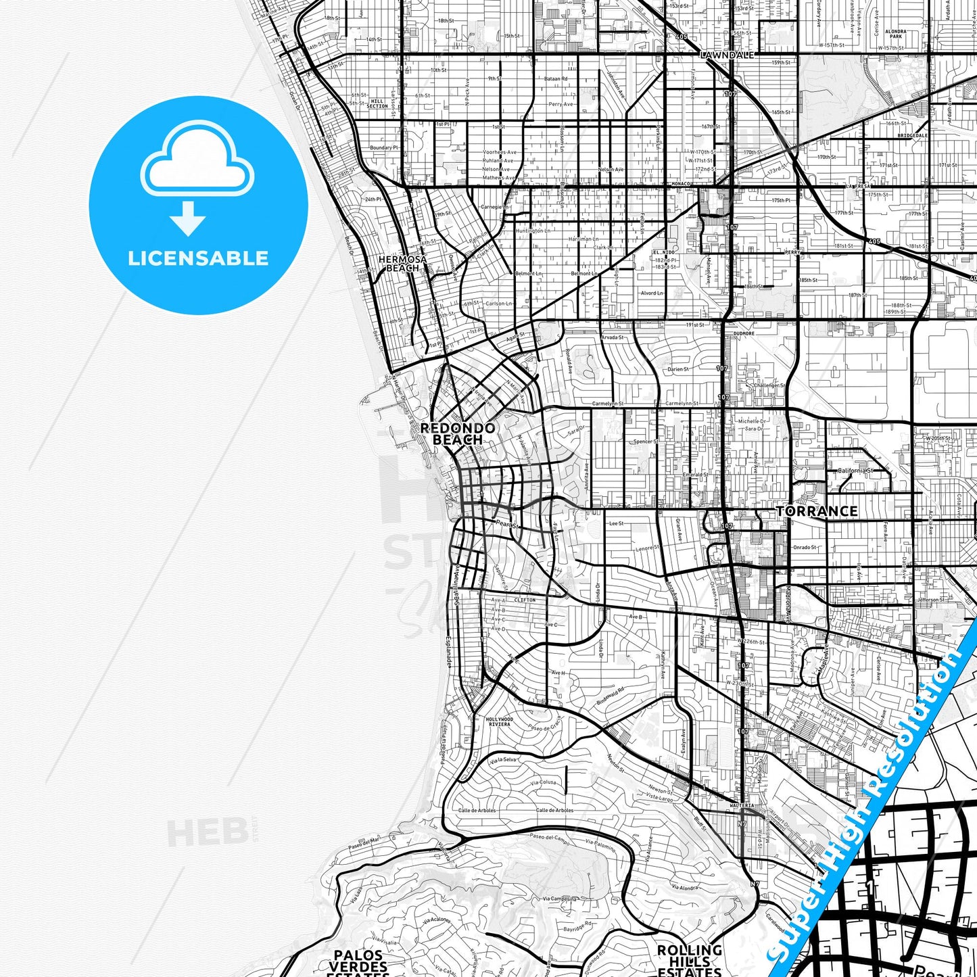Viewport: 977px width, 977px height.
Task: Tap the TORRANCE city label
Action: [817, 511]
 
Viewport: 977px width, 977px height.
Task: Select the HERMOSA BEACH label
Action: [402, 264]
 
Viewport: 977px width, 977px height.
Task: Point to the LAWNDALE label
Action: [728, 55]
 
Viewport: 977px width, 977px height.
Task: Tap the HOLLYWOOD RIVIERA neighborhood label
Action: [499, 721]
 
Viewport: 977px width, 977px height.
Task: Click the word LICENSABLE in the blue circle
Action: [198, 258]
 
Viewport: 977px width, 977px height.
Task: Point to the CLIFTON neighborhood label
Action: [525, 600]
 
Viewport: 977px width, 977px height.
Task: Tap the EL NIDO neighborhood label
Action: [663, 252]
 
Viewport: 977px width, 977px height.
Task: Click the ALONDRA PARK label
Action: [896, 34]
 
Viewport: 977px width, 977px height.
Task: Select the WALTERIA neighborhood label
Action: [742, 806]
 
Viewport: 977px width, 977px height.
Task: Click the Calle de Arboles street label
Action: [477, 810]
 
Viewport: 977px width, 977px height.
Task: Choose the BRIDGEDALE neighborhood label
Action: [912, 135]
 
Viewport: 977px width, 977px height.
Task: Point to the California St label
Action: [855, 471]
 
